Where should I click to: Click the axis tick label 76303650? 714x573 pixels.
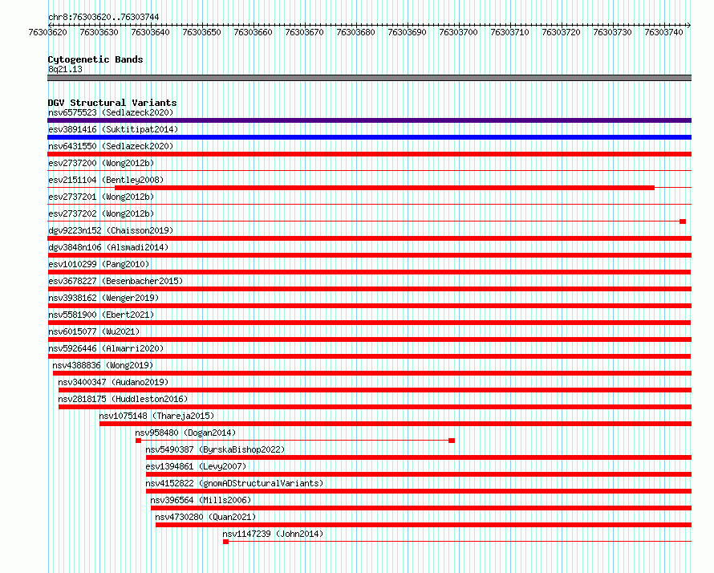(201, 32)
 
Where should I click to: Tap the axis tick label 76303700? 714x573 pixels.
(458, 32)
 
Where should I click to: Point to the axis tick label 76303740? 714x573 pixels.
(663, 32)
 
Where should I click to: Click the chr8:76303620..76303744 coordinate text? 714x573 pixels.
(103, 17)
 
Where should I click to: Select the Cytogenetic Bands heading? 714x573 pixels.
(95, 59)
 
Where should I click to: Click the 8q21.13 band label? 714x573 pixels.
(65, 69)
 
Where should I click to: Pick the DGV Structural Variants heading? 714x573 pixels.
(112, 103)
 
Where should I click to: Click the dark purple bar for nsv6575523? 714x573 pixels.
(369, 120)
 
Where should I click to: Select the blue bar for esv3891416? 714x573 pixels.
(369, 137)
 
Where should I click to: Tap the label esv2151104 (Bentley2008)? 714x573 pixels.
(106, 180)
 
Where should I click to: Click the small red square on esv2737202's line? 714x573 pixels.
(683, 221)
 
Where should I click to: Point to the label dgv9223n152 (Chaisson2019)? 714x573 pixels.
(111, 230)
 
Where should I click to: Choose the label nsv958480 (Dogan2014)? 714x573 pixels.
(185, 433)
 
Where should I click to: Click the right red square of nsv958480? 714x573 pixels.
(452, 441)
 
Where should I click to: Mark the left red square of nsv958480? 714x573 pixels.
(139, 441)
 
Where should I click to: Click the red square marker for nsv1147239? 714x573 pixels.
(226, 542)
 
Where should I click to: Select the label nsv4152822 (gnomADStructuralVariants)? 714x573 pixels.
(234, 483)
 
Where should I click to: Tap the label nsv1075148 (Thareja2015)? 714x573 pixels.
(156, 416)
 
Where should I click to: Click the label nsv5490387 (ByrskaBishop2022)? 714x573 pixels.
(215, 449)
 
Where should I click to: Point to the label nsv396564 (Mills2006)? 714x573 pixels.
(201, 500)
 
